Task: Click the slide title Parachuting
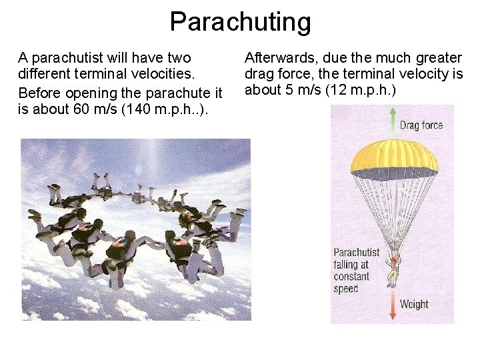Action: (240, 21)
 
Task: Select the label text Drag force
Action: (421, 125)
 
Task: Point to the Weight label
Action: (414, 304)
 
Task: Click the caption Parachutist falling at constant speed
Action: (357, 270)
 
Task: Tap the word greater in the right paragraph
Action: (436, 58)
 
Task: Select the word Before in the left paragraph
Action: (37, 91)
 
